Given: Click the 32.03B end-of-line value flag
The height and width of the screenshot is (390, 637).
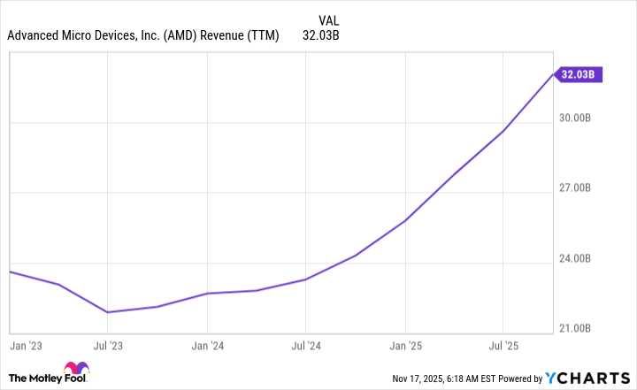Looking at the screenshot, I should coord(579,74).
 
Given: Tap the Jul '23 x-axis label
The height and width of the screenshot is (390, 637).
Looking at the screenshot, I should coord(108,345).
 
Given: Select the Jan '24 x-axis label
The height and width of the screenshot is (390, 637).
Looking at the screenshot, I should coord(207,345).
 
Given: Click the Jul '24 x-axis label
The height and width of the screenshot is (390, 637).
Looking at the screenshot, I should coord(305,345).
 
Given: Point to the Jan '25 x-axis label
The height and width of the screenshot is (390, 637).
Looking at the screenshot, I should coord(405,345).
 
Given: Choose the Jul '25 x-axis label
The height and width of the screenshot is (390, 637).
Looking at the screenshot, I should coord(503,345).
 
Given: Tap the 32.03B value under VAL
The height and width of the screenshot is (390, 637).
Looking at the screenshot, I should coord(321,36).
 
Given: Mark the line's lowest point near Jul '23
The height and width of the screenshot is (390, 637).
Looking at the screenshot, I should coord(108,312).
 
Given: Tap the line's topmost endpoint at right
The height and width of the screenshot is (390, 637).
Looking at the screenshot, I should coord(554,74).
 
